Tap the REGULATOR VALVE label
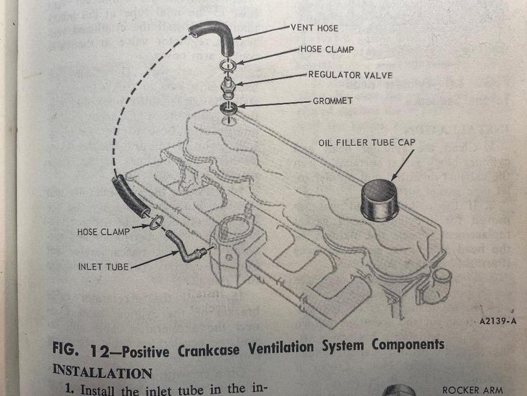[350, 75]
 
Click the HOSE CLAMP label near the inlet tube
[103, 231]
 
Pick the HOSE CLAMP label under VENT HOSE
[329, 49]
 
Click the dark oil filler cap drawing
[379, 200]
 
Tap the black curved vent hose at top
[215, 36]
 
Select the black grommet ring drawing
[228, 107]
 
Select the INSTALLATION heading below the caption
[101, 372]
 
